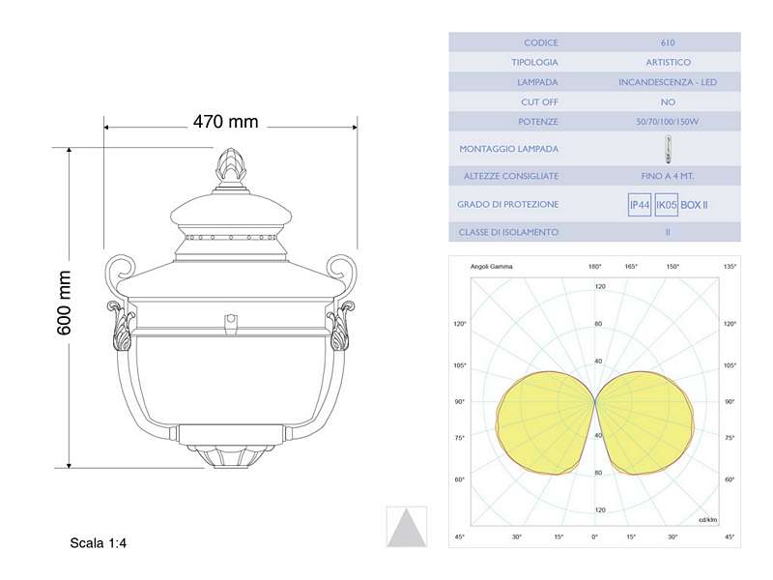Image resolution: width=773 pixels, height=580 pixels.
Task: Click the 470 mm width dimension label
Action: (225, 122)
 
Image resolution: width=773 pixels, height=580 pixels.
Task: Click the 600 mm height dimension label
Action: (65, 303)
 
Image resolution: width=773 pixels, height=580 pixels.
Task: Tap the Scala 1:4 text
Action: (99, 543)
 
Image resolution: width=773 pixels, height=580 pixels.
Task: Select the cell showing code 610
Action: (668, 43)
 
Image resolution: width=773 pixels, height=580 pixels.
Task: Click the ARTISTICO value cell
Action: (668, 63)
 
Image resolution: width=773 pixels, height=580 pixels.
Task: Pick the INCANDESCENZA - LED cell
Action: (668, 83)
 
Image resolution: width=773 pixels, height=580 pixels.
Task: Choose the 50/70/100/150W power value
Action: (668, 123)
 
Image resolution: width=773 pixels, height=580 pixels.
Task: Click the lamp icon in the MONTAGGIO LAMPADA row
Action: (668, 149)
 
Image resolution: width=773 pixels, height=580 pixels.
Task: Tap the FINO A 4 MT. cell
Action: (668, 176)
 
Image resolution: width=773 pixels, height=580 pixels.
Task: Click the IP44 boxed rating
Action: (639, 205)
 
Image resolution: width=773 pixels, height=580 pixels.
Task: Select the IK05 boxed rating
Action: (666, 205)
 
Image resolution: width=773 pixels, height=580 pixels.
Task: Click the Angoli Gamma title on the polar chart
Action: (492, 266)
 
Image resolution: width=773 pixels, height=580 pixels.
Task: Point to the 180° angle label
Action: (595, 266)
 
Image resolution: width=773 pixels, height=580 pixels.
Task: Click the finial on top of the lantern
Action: (230, 167)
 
